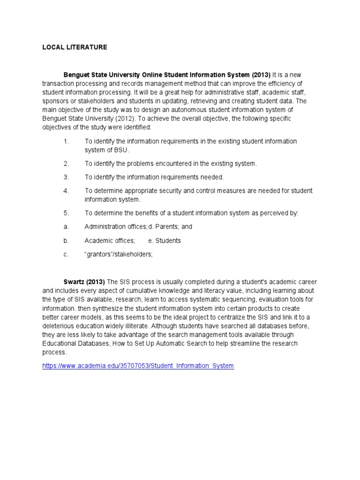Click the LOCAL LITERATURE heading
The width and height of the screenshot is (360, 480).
tap(75, 47)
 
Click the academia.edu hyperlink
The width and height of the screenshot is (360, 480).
tap(138, 366)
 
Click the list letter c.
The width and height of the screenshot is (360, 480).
tap(66, 255)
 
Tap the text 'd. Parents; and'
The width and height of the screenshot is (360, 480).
tap(171, 226)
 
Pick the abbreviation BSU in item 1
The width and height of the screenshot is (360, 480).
tap(120, 150)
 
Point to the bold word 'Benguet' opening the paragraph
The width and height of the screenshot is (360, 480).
tap(77, 75)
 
